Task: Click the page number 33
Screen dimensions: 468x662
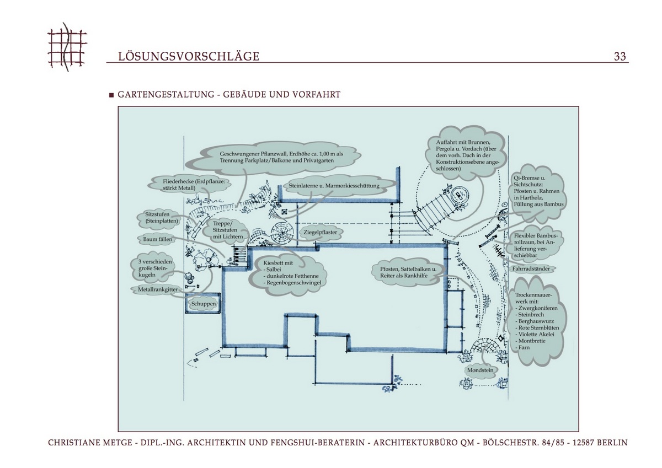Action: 620,56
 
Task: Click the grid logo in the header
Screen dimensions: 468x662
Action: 67,46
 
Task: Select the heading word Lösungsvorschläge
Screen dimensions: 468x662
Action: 189,56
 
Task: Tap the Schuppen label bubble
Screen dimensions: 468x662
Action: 204,304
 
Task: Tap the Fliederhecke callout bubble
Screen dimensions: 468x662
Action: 190,184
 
